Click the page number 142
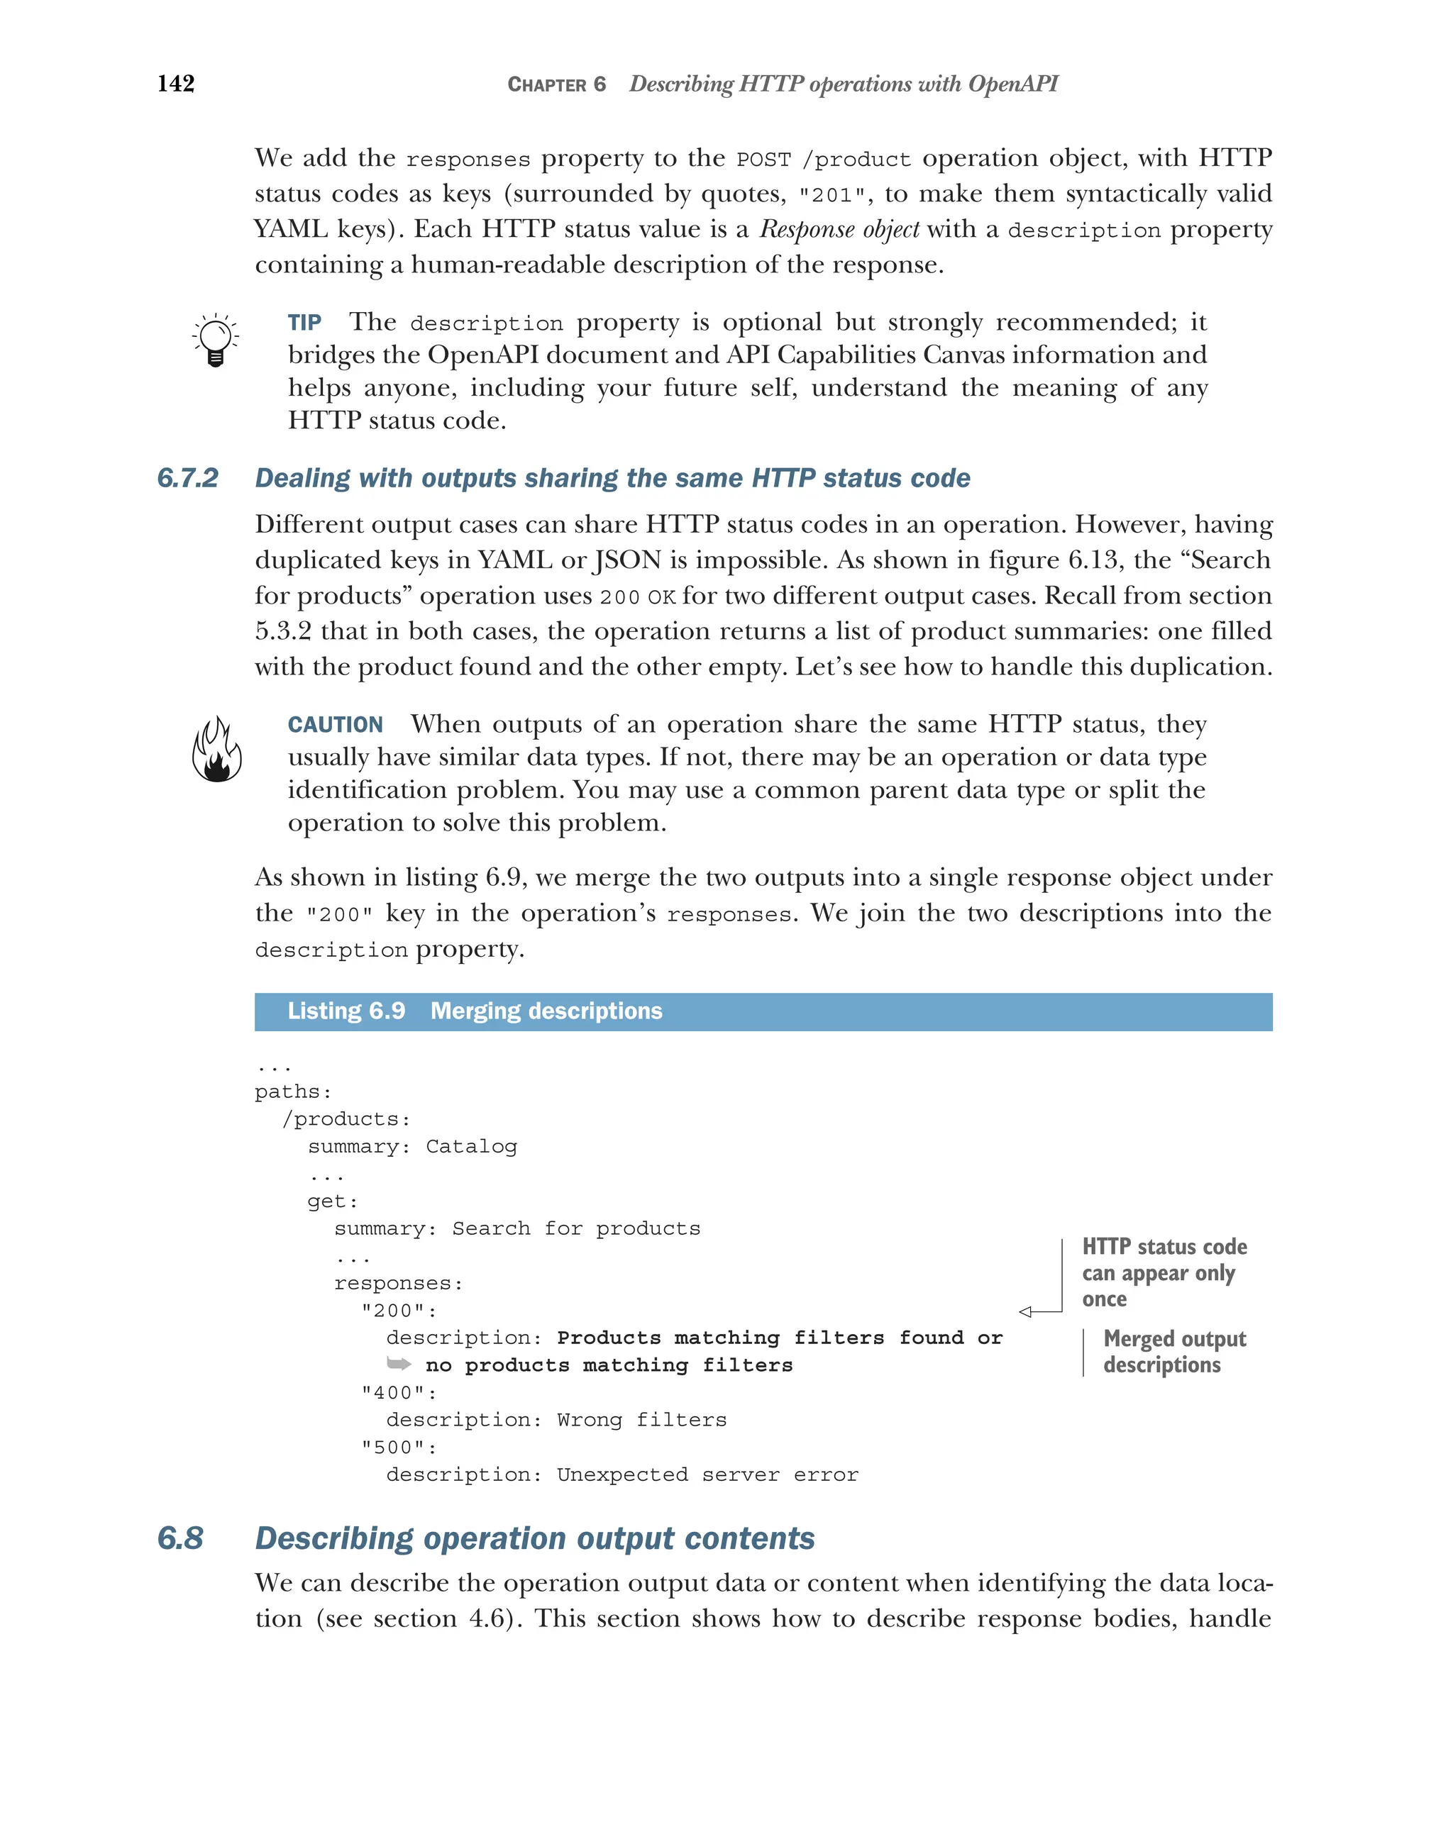pyautogui.click(x=176, y=84)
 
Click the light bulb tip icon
pyautogui.click(x=215, y=340)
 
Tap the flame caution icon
pyautogui.click(x=216, y=750)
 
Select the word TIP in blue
pyautogui.click(x=304, y=323)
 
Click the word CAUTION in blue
pyautogui.click(x=335, y=725)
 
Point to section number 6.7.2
pyautogui.click(x=187, y=478)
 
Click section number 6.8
pyautogui.click(x=180, y=1538)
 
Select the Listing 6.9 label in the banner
pyautogui.click(x=346, y=1011)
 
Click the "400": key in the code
pyautogui.click(x=398, y=1393)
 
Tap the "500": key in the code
pyautogui.click(x=398, y=1448)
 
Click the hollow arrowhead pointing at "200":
pyautogui.click(x=1025, y=1311)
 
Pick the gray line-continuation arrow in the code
pyautogui.click(x=398, y=1363)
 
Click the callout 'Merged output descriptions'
pyautogui.click(x=1173, y=1352)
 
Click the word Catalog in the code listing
pyautogui.click(x=471, y=1147)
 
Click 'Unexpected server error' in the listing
pyautogui.click(x=707, y=1474)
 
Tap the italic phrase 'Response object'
pyautogui.click(x=839, y=230)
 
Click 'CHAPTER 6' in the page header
pyautogui.click(x=556, y=84)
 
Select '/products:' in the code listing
pyautogui.click(x=346, y=1120)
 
